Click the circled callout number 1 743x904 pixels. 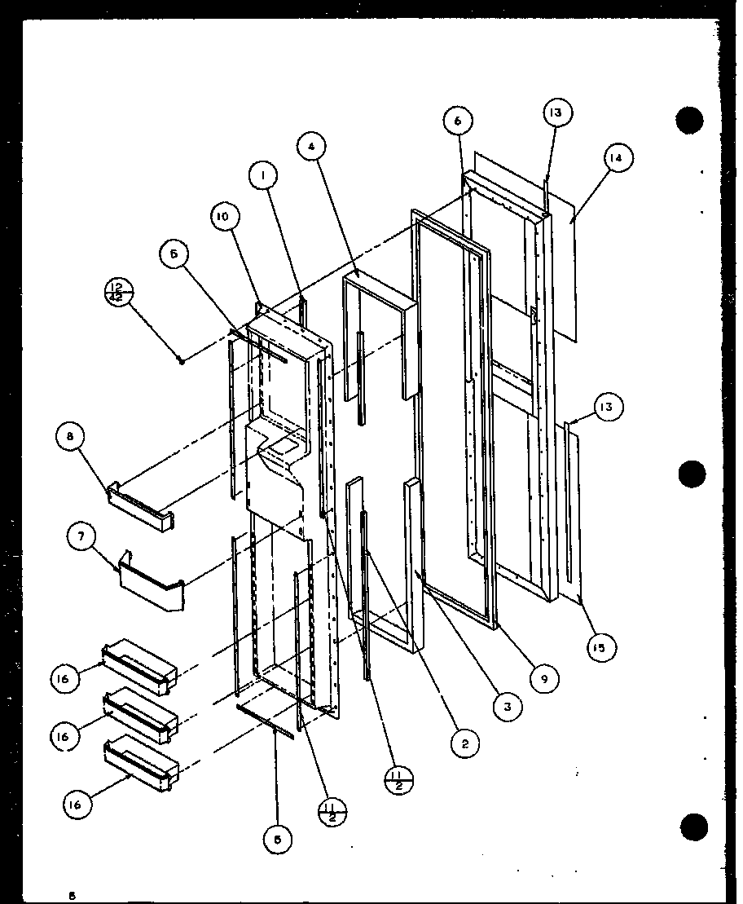click(x=264, y=174)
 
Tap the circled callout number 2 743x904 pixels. click(x=464, y=742)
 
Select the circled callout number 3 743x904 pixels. click(x=507, y=707)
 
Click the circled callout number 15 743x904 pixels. click(x=600, y=647)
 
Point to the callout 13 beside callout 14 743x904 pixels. click(x=555, y=113)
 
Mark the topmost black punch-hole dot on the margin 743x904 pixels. click(x=689, y=121)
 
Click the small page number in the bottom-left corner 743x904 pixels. click(x=73, y=897)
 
